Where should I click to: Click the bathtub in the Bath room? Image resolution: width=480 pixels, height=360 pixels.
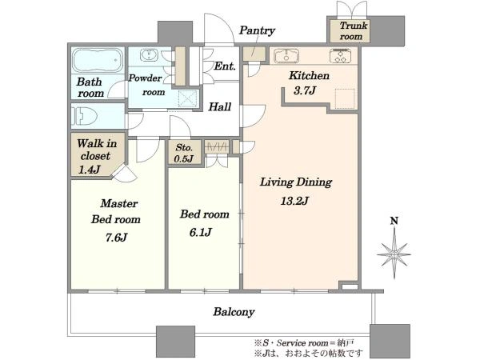(98, 60)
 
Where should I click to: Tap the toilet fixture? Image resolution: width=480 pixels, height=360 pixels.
(85, 116)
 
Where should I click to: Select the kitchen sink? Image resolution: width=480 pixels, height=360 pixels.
(286, 56)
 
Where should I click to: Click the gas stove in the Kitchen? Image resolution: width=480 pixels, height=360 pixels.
(341, 55)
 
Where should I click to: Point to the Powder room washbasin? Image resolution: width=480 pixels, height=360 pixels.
(149, 55)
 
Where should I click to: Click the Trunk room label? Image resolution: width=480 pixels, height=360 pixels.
(352, 30)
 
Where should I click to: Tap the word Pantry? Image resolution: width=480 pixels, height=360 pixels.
(257, 30)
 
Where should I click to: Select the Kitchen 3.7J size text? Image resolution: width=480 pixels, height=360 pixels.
(304, 90)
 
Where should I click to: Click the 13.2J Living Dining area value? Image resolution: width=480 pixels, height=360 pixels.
(294, 201)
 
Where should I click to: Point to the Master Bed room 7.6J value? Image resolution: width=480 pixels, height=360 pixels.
(116, 238)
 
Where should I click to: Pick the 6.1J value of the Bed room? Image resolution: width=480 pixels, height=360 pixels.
(201, 232)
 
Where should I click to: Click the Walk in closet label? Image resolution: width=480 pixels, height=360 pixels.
(97, 150)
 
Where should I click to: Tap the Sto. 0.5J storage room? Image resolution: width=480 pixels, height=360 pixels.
(184, 153)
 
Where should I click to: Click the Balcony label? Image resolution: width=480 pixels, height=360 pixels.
(234, 312)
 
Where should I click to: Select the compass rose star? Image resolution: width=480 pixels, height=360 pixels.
(394, 254)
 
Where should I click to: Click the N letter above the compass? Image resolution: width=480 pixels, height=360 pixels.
(394, 221)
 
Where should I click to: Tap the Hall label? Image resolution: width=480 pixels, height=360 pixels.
(220, 107)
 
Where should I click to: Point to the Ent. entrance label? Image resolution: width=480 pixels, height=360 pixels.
(225, 66)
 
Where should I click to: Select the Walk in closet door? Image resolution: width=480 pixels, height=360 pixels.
(125, 174)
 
